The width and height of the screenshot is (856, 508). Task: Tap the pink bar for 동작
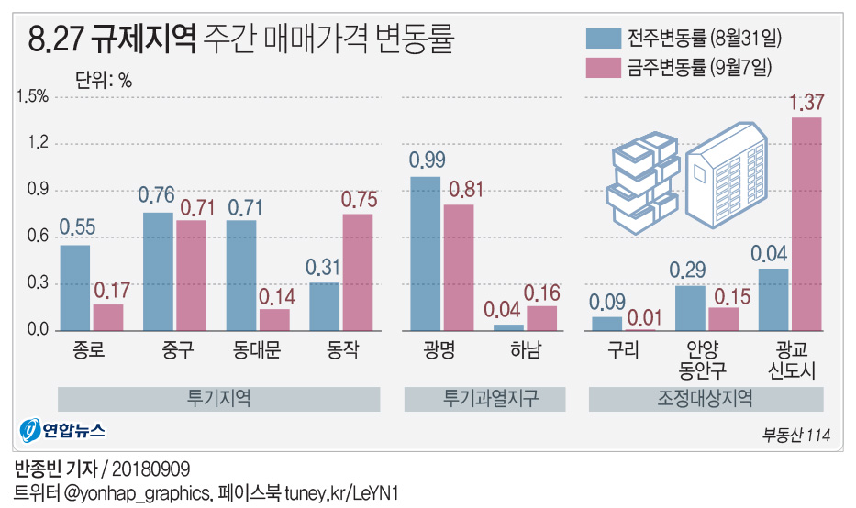tap(357, 271)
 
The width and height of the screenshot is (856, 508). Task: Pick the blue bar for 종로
tap(75, 287)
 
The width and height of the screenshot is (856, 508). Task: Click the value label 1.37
tap(806, 103)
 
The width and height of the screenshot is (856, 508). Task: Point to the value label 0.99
tap(427, 160)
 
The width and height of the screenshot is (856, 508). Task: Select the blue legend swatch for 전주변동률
tap(603, 39)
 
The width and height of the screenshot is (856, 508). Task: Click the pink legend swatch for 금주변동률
tap(603, 67)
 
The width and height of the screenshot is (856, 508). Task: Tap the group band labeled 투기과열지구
tap(484, 399)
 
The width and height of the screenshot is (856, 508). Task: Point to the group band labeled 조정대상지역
tap(706, 399)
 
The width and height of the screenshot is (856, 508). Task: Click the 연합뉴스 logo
tap(63, 430)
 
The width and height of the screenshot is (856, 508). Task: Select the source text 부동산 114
tap(796, 436)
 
